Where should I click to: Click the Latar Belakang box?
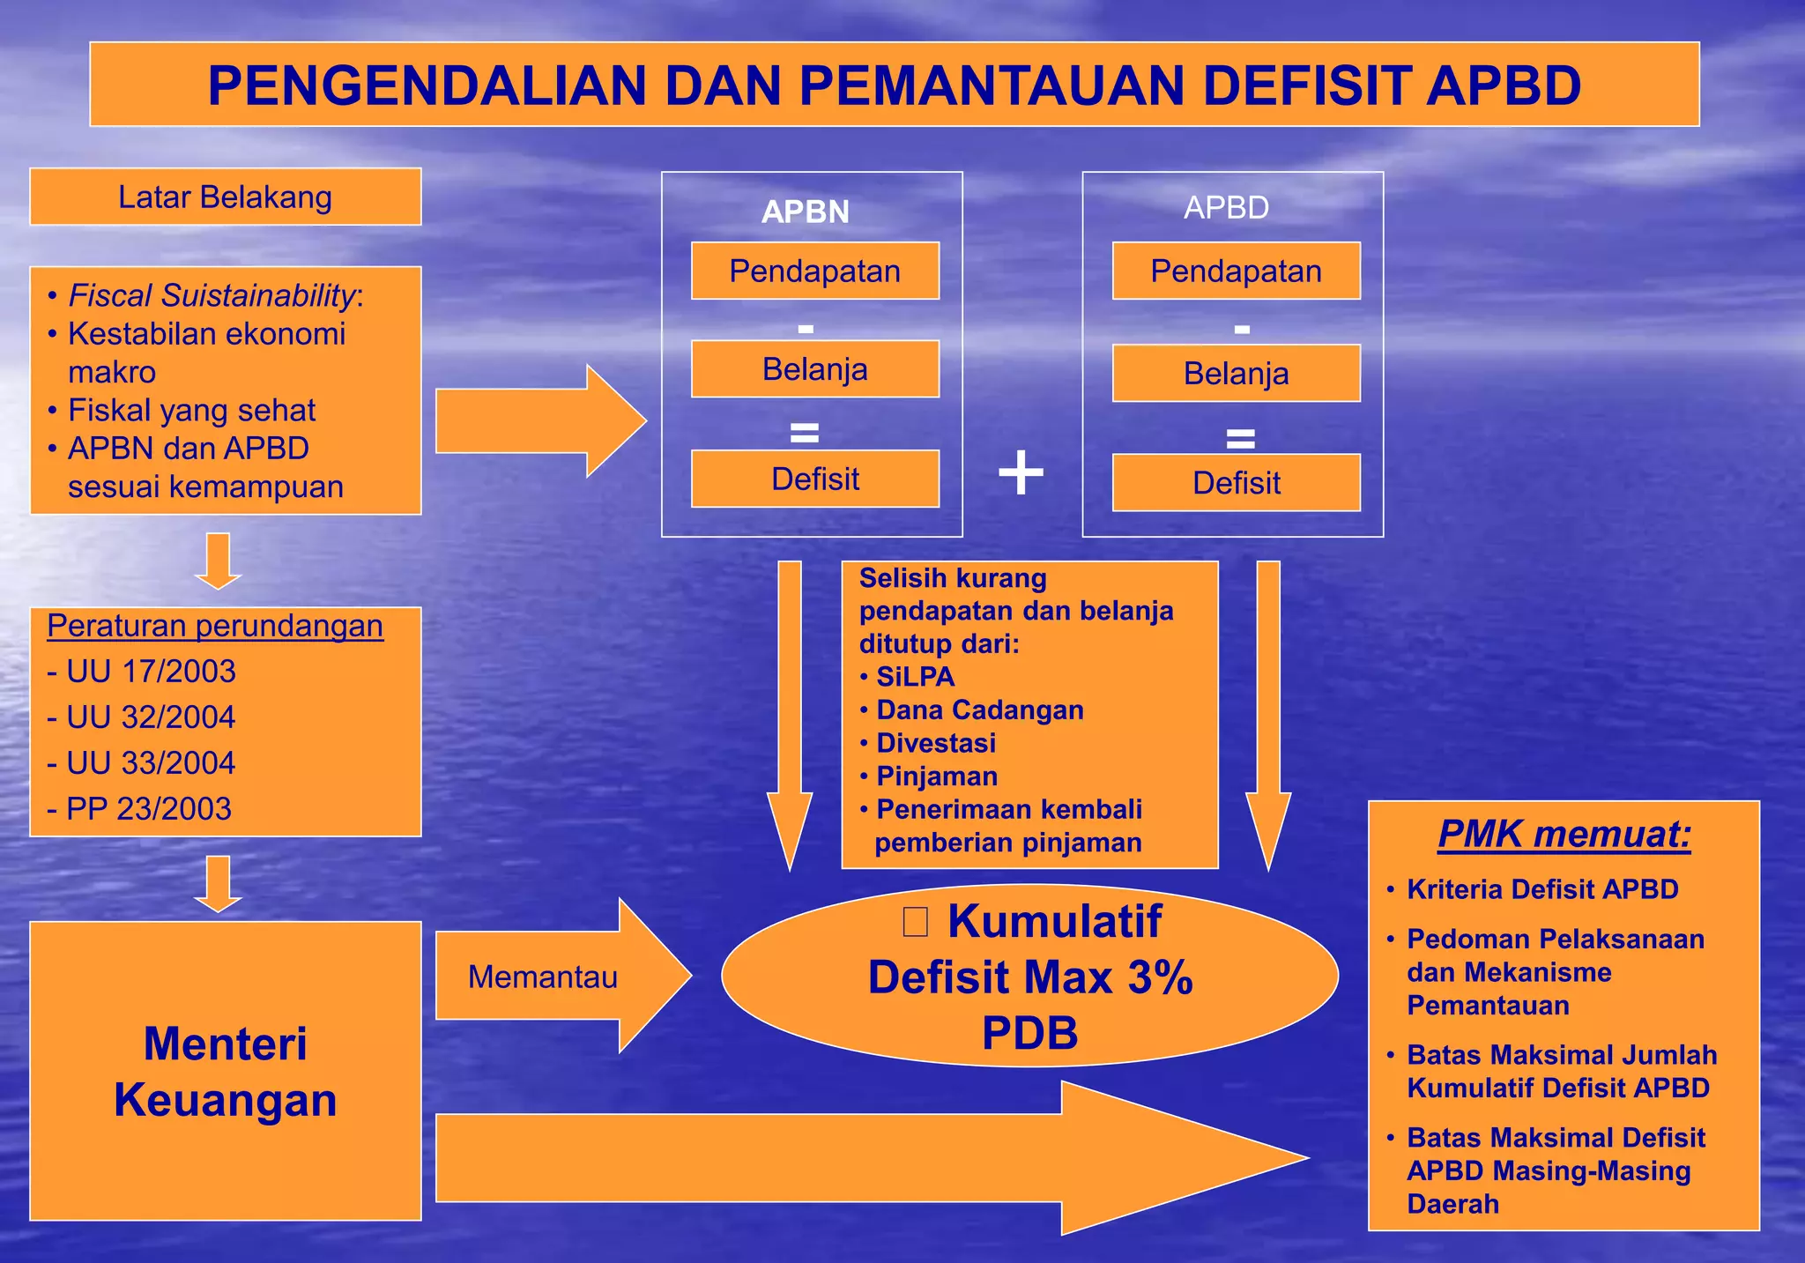point(225,197)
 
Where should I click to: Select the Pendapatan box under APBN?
point(814,271)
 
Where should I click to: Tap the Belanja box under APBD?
point(1236,374)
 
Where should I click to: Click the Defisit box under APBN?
point(814,479)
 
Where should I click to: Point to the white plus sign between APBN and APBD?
point(1021,472)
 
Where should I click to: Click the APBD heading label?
point(1226,208)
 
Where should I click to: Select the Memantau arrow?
point(555,977)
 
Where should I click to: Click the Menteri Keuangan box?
point(225,1071)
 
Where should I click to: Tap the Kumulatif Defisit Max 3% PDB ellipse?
point(1029,977)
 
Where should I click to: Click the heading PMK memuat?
point(1564,834)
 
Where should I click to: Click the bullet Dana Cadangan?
point(979,710)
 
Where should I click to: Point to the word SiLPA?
point(915,677)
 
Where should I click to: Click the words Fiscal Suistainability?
point(212,296)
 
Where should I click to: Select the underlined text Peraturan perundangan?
point(214,626)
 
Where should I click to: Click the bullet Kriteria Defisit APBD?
point(1541,889)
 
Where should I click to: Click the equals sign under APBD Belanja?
point(1240,437)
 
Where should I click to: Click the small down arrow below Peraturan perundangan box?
point(218,882)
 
